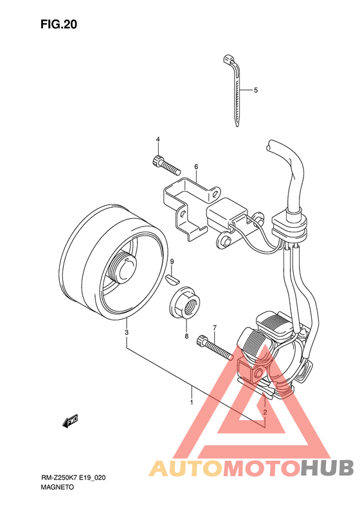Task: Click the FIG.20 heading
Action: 59,24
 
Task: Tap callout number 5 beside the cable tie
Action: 256,90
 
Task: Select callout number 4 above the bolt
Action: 158,139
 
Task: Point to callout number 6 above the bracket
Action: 196,167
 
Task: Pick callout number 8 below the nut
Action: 186,337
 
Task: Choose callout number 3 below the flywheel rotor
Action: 127,333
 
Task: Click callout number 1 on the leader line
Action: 192,403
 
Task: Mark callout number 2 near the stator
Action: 265,412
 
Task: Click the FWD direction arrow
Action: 70,421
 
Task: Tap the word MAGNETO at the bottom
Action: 57,487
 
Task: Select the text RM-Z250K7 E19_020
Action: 73,478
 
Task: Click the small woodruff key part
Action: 172,279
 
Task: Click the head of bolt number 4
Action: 157,161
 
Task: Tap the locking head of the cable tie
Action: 229,59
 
